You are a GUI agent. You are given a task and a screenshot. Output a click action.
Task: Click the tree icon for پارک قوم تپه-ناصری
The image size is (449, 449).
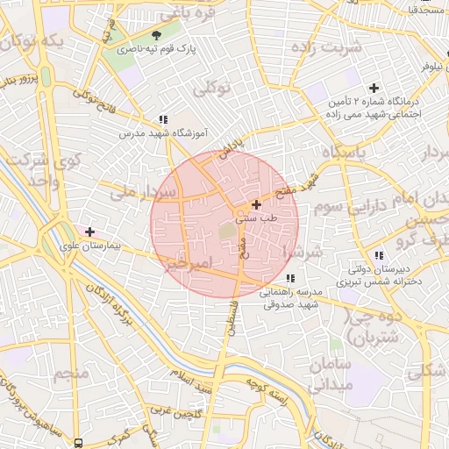click(157, 35)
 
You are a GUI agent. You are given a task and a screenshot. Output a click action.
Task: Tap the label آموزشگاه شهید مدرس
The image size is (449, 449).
click(163, 134)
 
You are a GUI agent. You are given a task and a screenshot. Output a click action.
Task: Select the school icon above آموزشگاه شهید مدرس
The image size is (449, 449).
click(163, 119)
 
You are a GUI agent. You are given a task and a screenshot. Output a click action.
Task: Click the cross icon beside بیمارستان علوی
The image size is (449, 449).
click(89, 231)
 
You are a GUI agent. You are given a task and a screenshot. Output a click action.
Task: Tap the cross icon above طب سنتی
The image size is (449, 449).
click(255, 204)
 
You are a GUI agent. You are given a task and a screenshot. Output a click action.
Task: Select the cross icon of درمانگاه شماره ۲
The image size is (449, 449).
click(374, 88)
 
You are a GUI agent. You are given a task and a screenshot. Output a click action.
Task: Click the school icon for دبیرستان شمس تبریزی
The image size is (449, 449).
click(379, 255)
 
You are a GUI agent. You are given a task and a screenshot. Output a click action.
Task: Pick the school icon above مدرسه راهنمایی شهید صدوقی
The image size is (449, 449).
click(290, 278)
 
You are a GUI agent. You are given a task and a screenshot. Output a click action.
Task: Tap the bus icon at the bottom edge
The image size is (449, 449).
click(78, 443)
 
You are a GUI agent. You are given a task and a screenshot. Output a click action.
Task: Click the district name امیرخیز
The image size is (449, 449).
click(189, 263)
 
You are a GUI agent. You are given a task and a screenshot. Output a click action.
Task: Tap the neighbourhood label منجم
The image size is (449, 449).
click(72, 374)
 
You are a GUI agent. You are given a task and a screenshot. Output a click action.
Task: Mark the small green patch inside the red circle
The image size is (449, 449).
click(227, 231)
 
